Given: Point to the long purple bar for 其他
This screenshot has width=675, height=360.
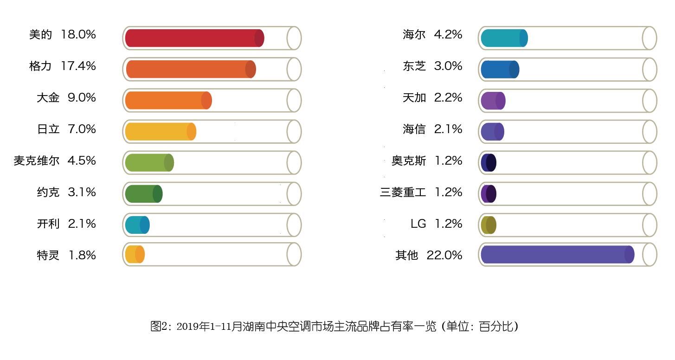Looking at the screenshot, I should (x=557, y=255).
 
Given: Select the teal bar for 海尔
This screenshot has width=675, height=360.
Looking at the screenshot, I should (x=504, y=38).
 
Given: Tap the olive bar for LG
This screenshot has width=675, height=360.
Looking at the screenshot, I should (x=489, y=225).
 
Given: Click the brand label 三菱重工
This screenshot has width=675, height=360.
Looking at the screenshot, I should (x=403, y=192).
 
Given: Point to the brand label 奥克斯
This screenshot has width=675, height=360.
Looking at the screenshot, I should (x=409, y=161).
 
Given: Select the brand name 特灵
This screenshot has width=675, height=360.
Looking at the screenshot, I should (x=48, y=255).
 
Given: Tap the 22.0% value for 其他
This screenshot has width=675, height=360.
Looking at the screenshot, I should (x=444, y=255).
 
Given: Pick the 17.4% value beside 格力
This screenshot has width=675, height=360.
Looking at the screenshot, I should (x=78, y=66).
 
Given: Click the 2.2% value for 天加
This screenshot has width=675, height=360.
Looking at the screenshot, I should (x=448, y=97).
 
